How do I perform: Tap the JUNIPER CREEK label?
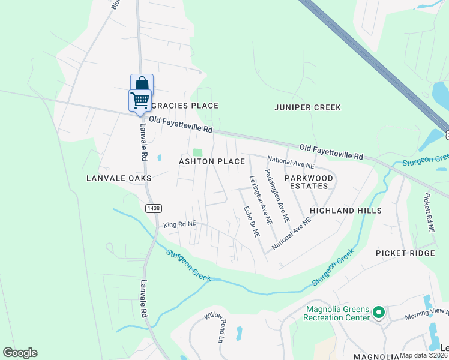click(307, 107)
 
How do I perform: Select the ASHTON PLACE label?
click(212, 161)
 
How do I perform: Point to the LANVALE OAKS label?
click(119, 178)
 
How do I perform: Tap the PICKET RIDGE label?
click(405, 253)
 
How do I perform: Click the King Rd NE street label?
click(179, 224)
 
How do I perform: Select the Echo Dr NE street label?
click(252, 221)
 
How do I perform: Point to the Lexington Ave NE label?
click(261, 200)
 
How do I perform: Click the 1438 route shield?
click(153, 208)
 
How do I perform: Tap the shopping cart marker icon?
click(140, 100)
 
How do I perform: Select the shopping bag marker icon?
click(142, 83)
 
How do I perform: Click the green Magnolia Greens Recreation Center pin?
click(378, 313)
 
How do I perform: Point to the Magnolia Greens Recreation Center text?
click(337, 313)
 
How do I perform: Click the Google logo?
click(20, 353)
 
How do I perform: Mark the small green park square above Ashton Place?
click(198, 152)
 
